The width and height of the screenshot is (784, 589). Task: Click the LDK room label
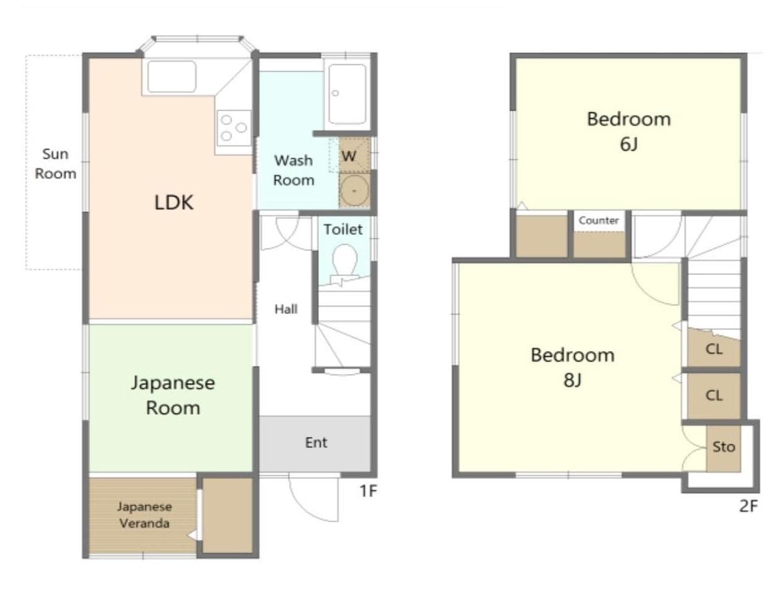(174, 202)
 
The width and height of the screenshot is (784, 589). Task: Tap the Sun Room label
(55, 164)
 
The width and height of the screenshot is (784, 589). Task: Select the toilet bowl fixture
(344, 260)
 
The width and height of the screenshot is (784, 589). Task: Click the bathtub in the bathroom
(347, 93)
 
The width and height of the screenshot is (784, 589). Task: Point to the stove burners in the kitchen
(233, 128)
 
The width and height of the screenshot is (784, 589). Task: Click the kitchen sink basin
(171, 77)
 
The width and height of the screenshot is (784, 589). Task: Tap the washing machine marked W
(350, 156)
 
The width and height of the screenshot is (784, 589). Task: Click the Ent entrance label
(315, 443)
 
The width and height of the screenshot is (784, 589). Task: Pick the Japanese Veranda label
(144, 515)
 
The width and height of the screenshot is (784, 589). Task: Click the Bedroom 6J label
(628, 130)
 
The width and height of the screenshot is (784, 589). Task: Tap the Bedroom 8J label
(573, 367)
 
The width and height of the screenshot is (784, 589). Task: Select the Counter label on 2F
(599, 221)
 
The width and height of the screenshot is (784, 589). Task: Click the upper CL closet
(714, 349)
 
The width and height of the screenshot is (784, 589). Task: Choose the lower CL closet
(714, 396)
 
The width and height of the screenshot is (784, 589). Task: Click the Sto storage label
(723, 447)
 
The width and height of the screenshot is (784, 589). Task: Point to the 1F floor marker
(368, 491)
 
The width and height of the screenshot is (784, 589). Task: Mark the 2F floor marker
(748, 506)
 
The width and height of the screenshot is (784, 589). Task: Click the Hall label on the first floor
(286, 309)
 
